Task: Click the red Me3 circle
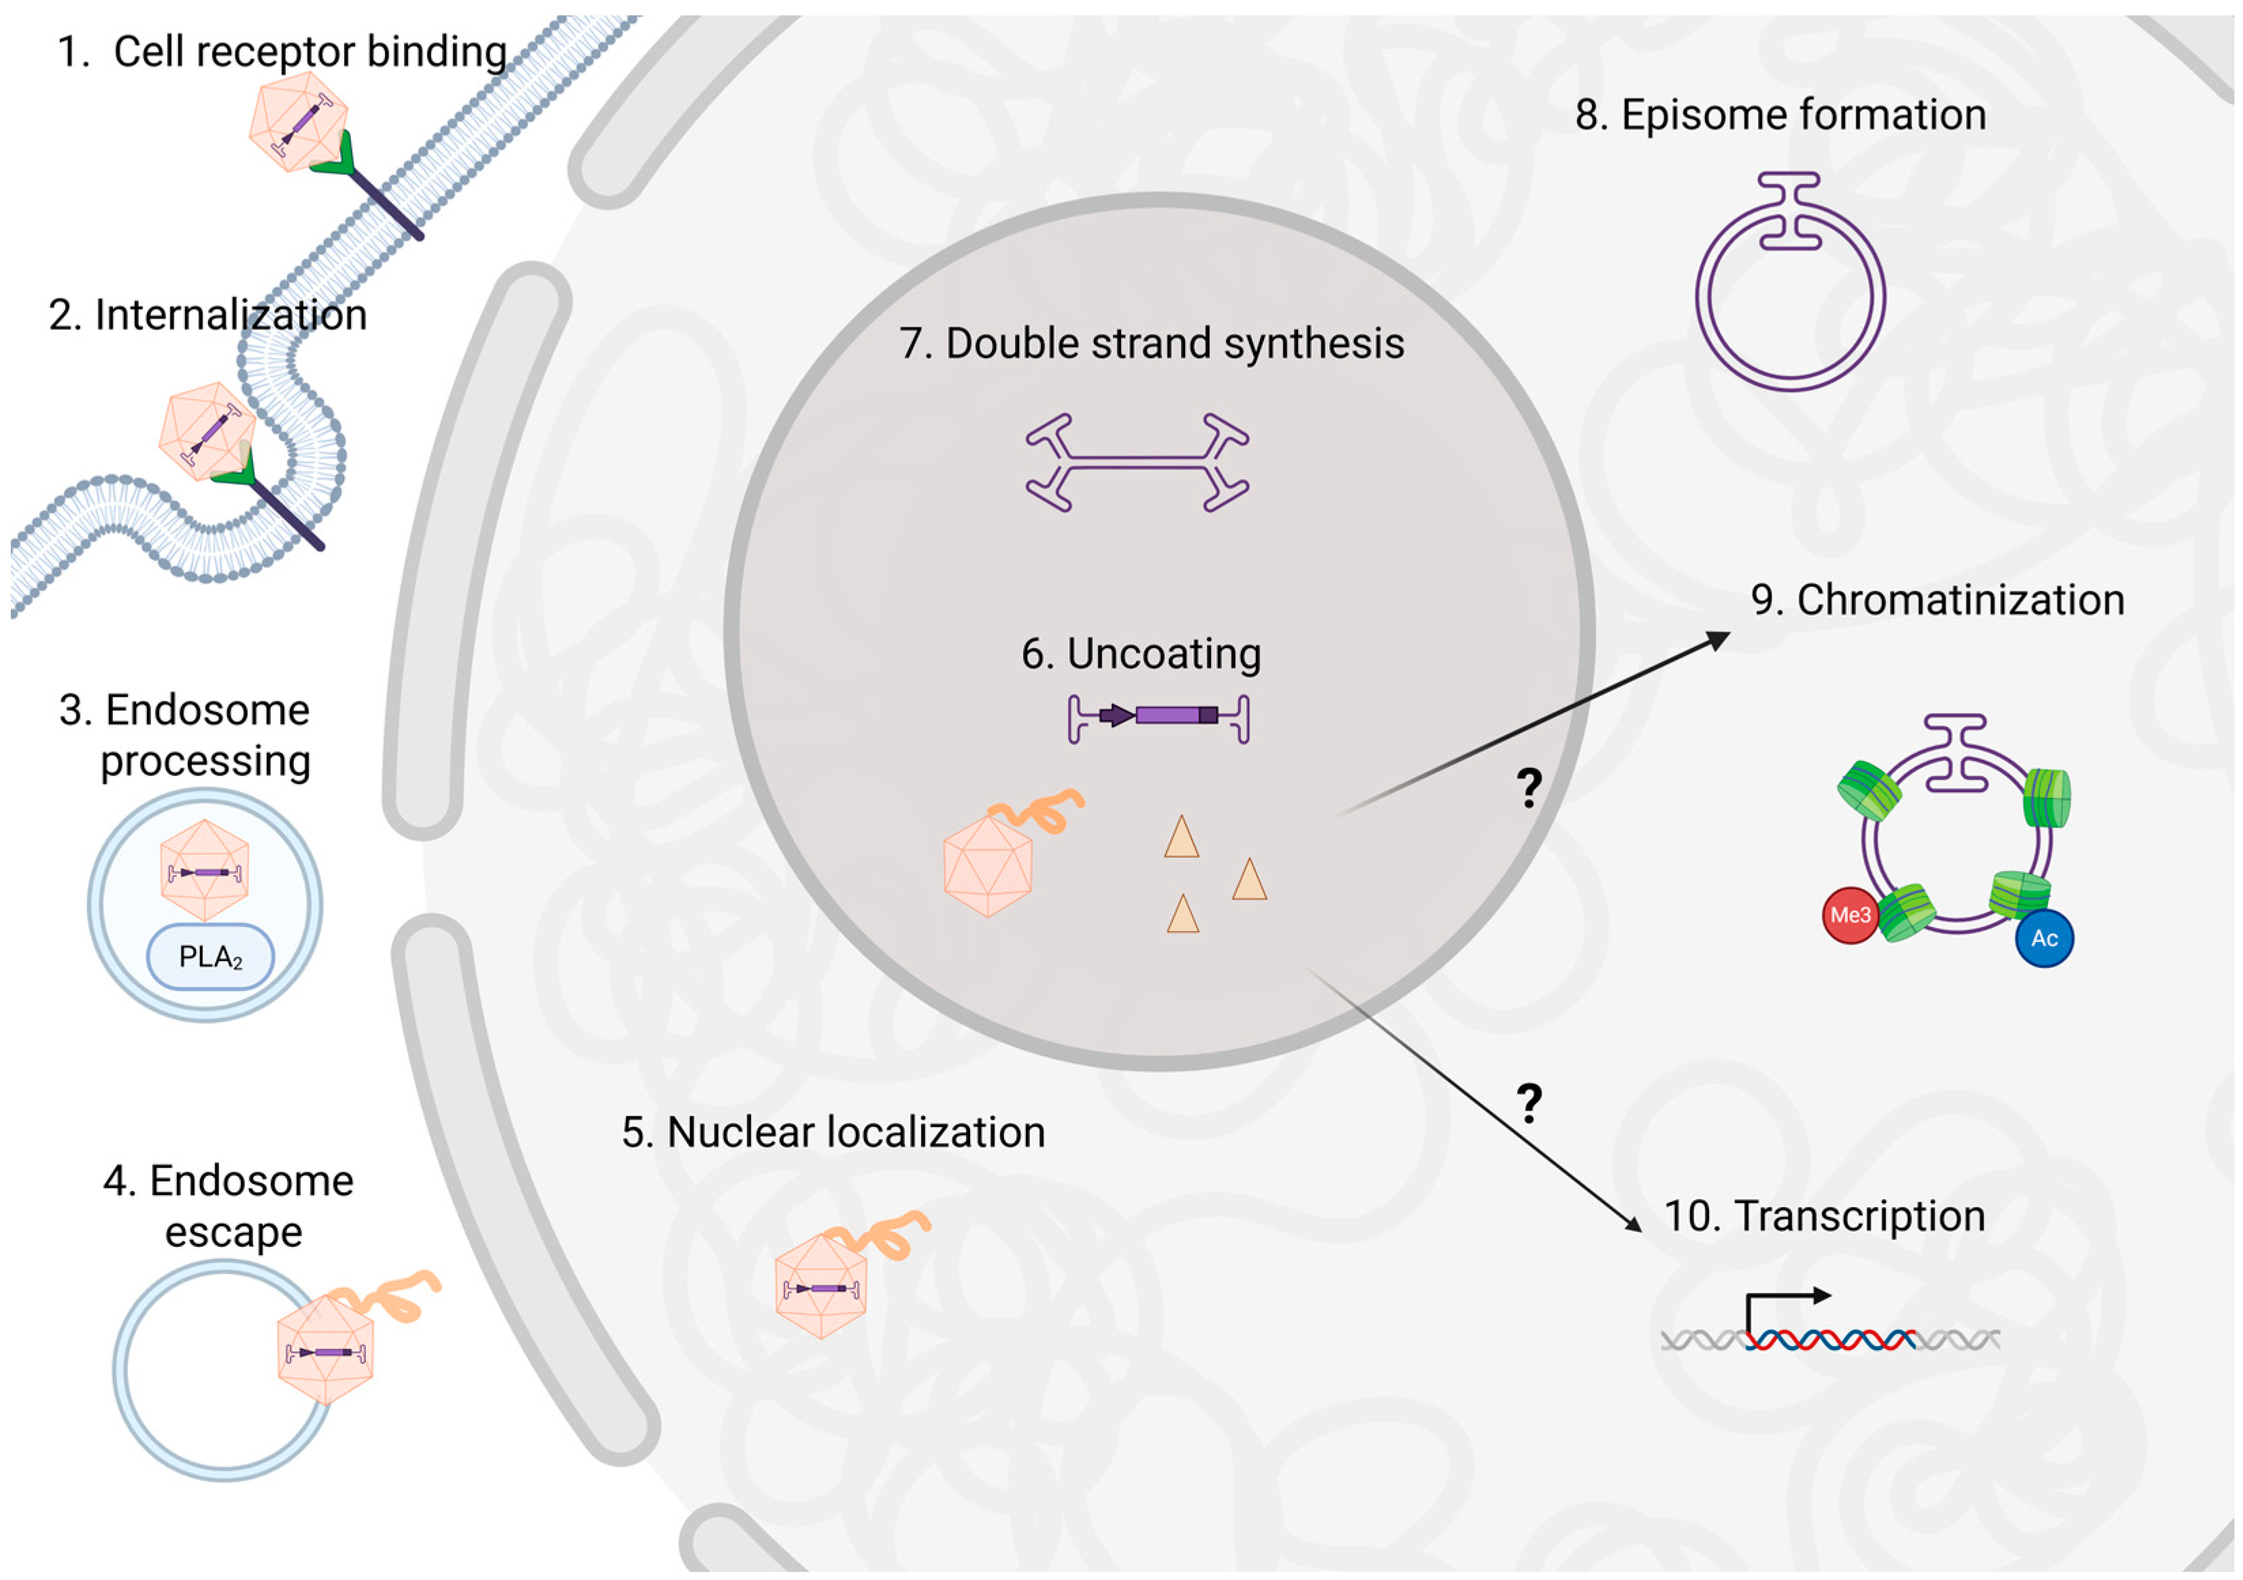pos(1849,915)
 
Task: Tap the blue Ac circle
pos(2044,939)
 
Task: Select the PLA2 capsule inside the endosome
pos(210,957)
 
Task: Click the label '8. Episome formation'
pos(1780,115)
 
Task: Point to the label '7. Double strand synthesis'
pos(1151,343)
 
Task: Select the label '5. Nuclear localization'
pos(833,1132)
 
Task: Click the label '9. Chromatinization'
pos(1936,600)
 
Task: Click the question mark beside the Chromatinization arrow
pos(1529,787)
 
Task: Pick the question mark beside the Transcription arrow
pos(1529,1103)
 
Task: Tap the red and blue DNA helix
pos(1830,1340)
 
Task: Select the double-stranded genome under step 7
pos(1137,462)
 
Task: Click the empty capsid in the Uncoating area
pos(988,864)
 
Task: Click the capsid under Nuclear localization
pos(820,1287)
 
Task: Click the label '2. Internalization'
pos(207,316)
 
